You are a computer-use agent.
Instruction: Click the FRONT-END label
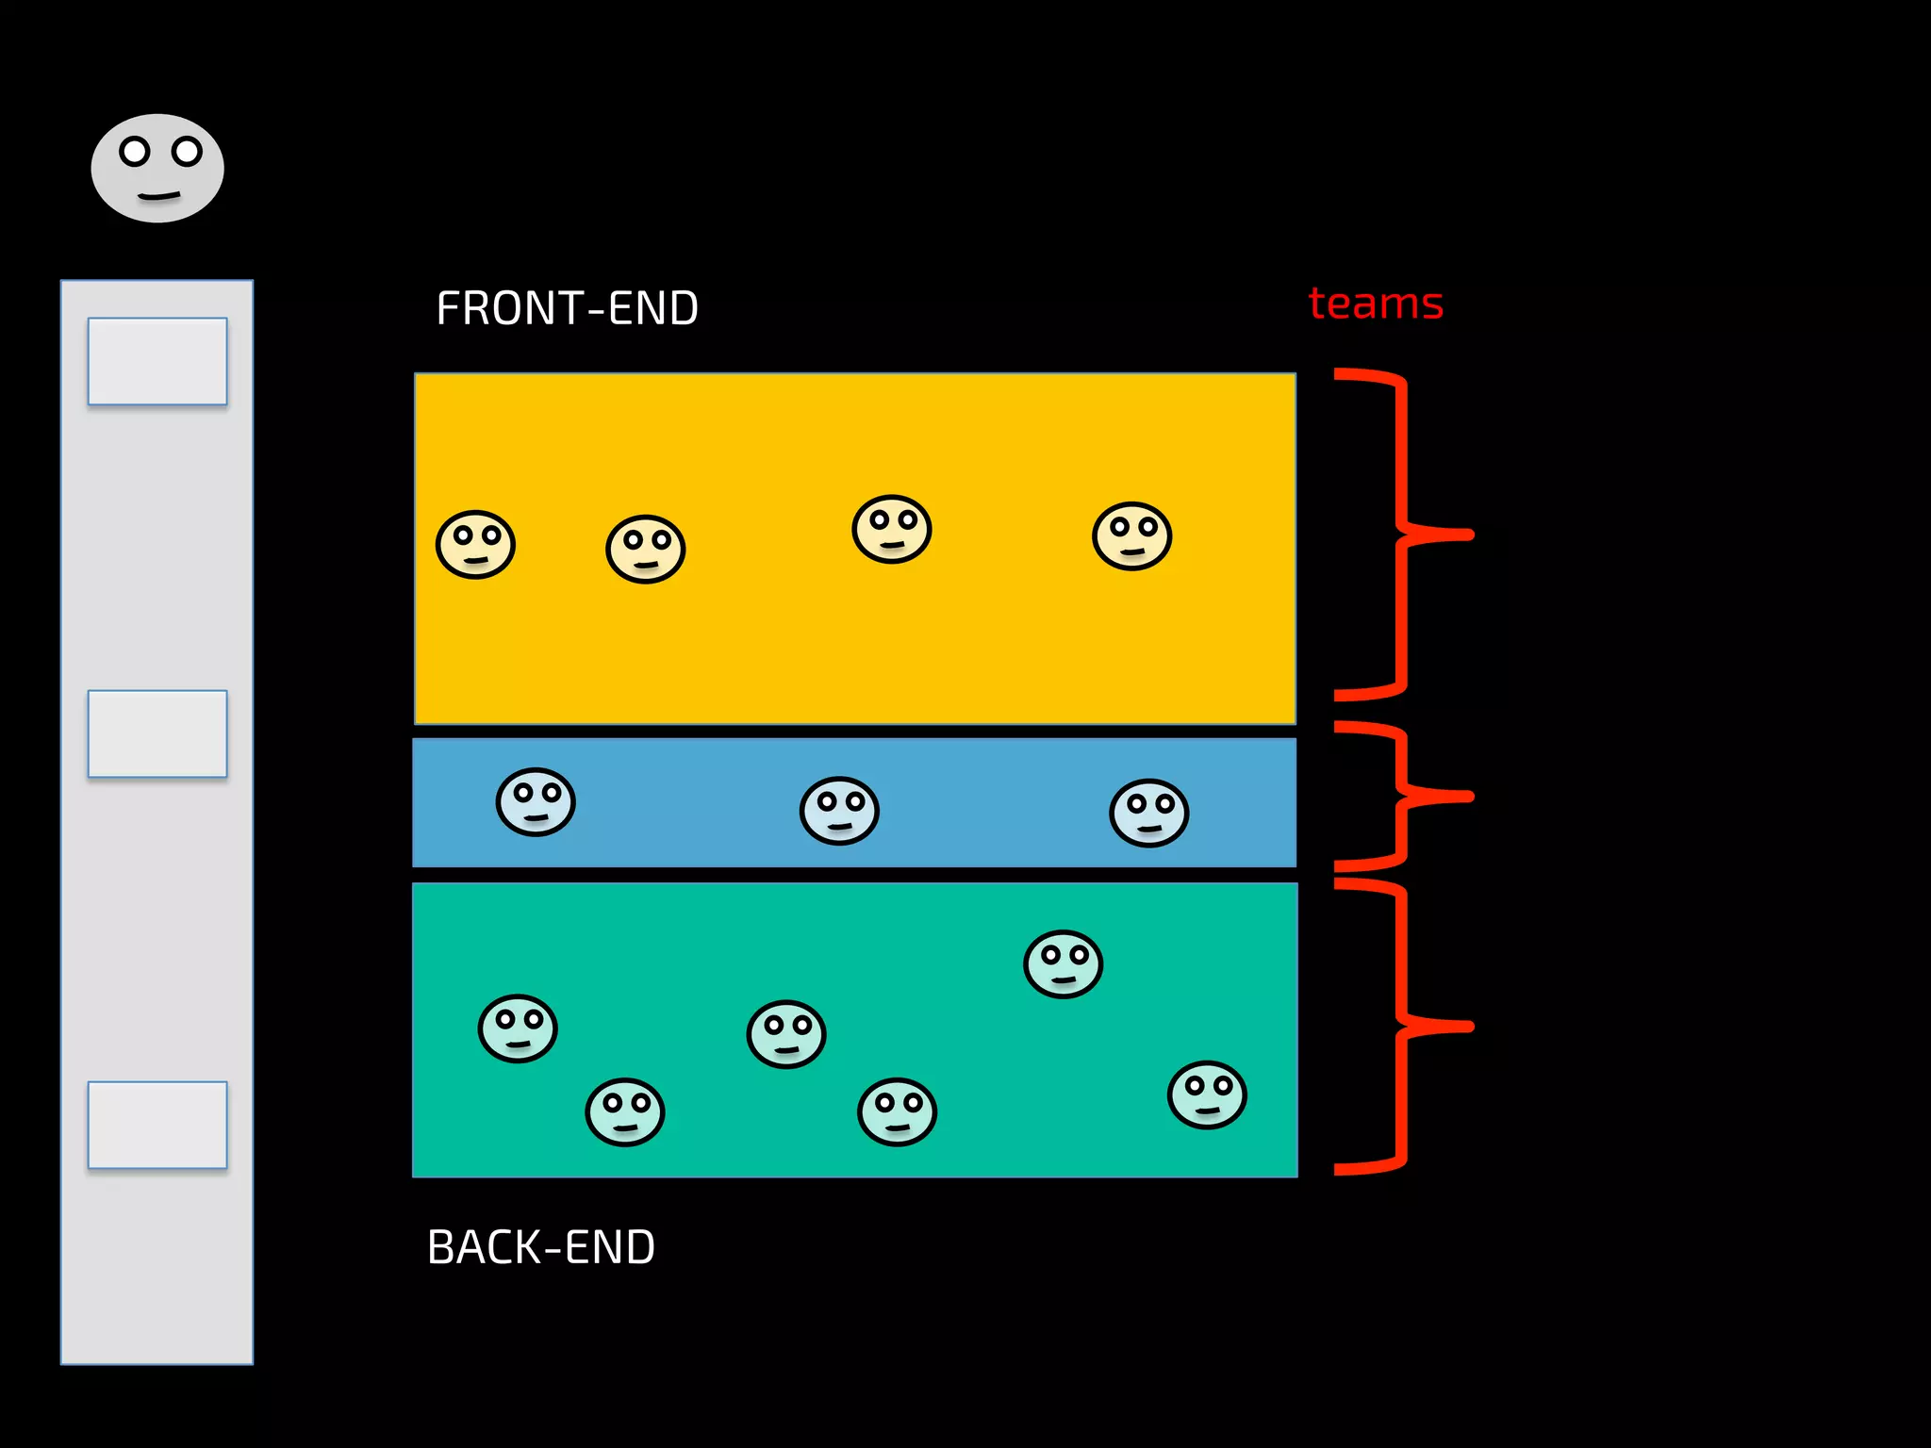tap(567, 308)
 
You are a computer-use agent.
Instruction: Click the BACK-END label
tap(540, 1247)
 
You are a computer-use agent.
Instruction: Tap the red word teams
tap(1376, 304)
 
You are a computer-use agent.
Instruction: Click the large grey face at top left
tap(157, 169)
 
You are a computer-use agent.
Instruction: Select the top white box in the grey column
tap(157, 361)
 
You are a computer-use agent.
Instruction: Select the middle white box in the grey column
tap(157, 733)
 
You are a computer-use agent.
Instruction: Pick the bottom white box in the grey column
tap(157, 1125)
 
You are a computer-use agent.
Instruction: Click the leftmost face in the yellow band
tap(475, 545)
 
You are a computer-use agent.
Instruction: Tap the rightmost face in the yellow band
tap(1131, 536)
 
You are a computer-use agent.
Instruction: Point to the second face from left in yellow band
tap(645, 549)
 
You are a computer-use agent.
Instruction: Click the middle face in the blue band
tap(839, 811)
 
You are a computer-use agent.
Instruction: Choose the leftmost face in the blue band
tap(536, 802)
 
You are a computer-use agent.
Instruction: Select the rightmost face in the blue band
tap(1148, 813)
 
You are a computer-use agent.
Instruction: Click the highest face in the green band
tap(1063, 964)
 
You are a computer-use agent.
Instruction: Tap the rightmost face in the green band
tap(1207, 1094)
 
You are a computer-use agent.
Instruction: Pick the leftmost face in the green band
tap(518, 1028)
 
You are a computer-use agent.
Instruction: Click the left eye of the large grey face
tap(135, 151)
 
